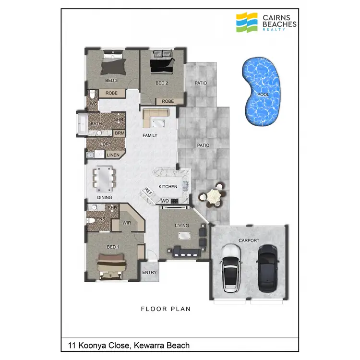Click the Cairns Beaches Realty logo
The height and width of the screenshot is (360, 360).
(x=266, y=22)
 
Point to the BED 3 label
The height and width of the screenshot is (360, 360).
(x=111, y=81)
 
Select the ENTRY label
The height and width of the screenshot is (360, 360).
(x=149, y=273)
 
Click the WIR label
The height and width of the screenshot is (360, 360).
(x=127, y=223)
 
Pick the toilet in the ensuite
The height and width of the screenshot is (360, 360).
(x=91, y=220)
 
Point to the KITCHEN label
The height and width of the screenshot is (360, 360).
(x=168, y=186)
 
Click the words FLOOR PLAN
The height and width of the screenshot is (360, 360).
(x=166, y=309)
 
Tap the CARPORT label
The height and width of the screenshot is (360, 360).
(x=249, y=240)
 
